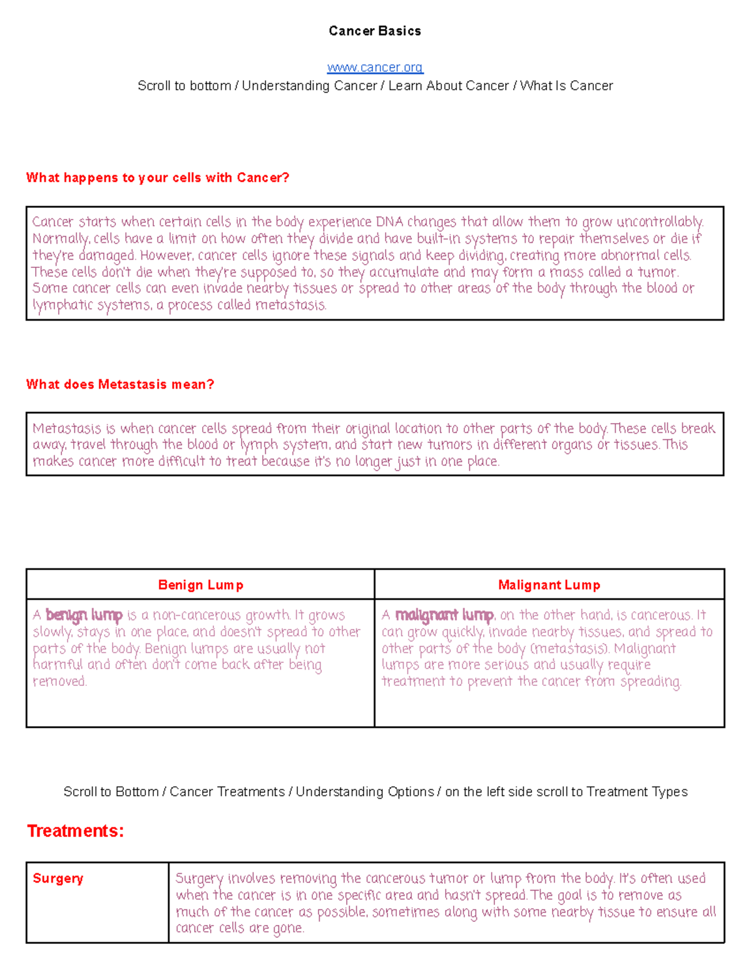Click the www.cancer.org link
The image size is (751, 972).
pyautogui.click(x=375, y=68)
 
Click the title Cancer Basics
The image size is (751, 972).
pyautogui.click(x=375, y=31)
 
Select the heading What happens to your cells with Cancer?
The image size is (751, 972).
pyautogui.click(x=158, y=178)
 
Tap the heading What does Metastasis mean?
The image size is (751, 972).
pyautogui.click(x=120, y=384)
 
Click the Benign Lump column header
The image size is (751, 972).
pyautogui.click(x=200, y=585)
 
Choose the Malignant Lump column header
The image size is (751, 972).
pyautogui.click(x=549, y=585)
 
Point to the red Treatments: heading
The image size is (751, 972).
pyautogui.click(x=76, y=831)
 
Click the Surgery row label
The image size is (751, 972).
pyautogui.click(x=58, y=878)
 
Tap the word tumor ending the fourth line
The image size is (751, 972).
pyautogui.click(x=657, y=272)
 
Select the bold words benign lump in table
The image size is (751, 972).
pyautogui.click(x=84, y=615)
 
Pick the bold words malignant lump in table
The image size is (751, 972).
pyautogui.click(x=444, y=615)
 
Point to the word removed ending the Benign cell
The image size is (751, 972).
pyautogui.click(x=59, y=682)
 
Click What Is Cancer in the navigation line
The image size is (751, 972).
pyautogui.click(x=566, y=86)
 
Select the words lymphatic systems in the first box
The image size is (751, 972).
pyautogui.click(x=91, y=305)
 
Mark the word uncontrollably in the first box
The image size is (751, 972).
pyautogui.click(x=660, y=222)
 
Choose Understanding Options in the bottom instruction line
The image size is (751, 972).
pyautogui.click(x=365, y=792)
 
